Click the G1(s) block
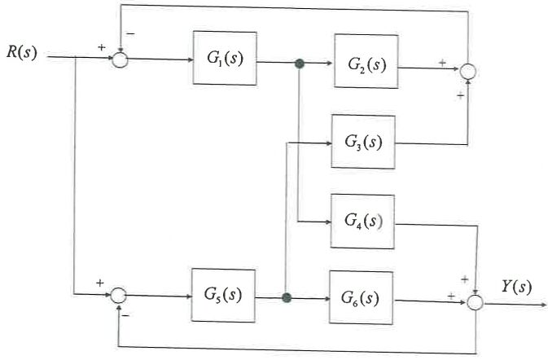pyautogui.click(x=224, y=59)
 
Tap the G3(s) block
pyautogui.click(x=362, y=142)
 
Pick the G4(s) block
pyautogui.click(x=362, y=221)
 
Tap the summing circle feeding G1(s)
pyautogui.click(x=120, y=59)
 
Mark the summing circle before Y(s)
pyautogui.click(x=476, y=303)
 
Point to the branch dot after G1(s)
pyautogui.click(x=300, y=64)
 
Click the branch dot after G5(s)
pyautogui.click(x=286, y=299)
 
